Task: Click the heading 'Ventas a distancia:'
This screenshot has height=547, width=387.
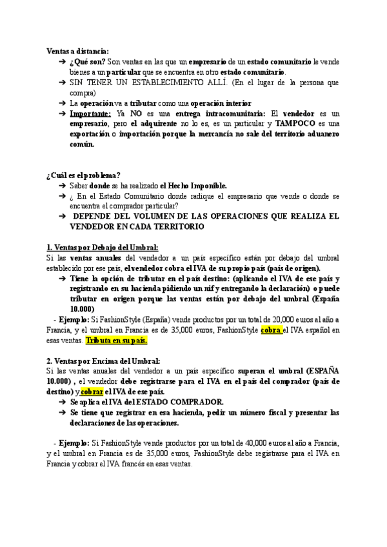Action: point(77,50)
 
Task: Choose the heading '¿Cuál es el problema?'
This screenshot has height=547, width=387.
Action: point(83,175)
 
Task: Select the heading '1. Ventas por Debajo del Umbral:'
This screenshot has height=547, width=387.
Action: point(102,247)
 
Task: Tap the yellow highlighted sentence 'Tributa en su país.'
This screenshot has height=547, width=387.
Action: point(121,340)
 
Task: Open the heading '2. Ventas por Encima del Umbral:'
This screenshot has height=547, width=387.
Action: point(103,361)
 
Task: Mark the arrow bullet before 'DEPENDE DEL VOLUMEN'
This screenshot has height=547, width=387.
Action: point(62,216)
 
